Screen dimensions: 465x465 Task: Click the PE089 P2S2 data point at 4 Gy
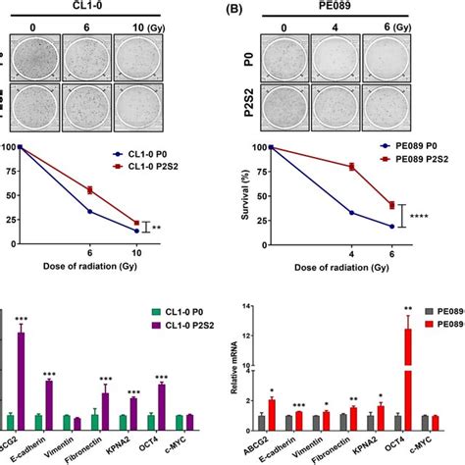[352, 167]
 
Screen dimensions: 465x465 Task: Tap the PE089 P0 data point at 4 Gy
[352, 212]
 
